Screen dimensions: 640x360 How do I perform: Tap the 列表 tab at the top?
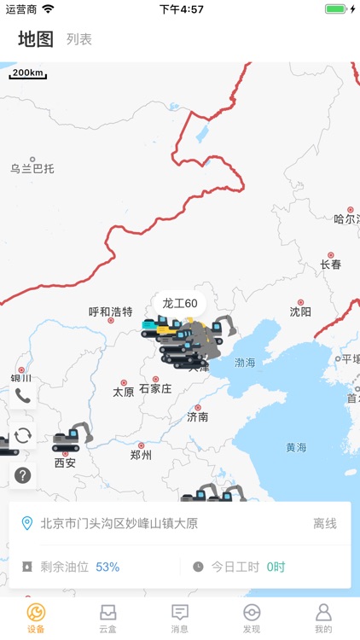coord(79,39)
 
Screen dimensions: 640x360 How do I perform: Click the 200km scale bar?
coord(28,73)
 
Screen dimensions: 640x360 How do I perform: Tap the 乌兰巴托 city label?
coord(32,168)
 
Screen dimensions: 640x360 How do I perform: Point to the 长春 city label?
coord(331,264)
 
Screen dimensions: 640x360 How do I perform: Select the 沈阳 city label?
coord(300,311)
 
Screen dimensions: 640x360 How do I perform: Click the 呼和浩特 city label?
coord(111,311)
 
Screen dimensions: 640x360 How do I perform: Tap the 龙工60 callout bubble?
coord(180,303)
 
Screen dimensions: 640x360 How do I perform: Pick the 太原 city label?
coord(124,392)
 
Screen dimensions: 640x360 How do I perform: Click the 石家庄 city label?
coord(155,388)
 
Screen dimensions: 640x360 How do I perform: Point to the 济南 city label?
coord(198,416)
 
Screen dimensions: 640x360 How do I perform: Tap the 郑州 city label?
coord(141,455)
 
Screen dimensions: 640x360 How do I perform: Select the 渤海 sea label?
coord(245,363)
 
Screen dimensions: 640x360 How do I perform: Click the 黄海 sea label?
coord(296,446)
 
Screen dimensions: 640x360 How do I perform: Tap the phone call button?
coord(23,395)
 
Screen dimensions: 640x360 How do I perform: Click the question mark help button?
coord(23,475)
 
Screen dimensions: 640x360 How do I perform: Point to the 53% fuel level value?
coord(107,567)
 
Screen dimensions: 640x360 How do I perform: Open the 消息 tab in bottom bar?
coord(180,619)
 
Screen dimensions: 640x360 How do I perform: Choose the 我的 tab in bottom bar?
coord(323,619)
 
